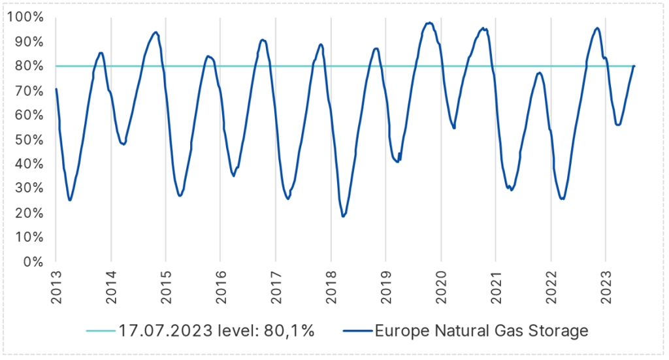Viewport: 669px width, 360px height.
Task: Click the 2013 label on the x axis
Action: click(56, 287)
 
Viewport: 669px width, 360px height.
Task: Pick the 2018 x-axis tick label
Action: click(331, 287)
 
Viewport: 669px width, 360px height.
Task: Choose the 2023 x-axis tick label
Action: click(606, 287)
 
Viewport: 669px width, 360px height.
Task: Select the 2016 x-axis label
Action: click(221, 287)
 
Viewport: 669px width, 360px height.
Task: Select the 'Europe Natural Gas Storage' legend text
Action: click(481, 331)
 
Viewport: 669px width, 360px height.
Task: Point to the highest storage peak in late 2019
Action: click(429, 23)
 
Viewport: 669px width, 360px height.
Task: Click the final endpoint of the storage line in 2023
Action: click(634, 66)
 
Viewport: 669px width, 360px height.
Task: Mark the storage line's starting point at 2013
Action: click(56, 89)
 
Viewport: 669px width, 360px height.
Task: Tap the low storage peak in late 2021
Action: click(539, 73)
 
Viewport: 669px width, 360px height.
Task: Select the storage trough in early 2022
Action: click(562, 199)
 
